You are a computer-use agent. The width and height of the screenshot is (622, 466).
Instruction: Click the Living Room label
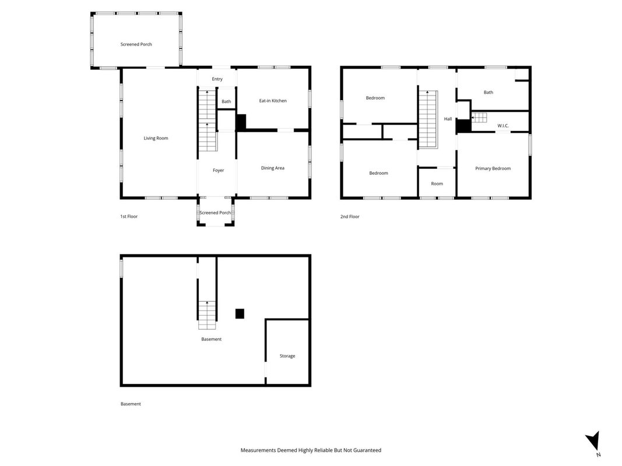[x=156, y=138]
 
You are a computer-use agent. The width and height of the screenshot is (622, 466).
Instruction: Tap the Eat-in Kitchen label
[x=273, y=101]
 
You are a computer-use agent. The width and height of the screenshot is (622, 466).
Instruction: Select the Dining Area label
[x=272, y=168]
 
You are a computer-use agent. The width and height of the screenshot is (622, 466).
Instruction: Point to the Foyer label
[x=218, y=171]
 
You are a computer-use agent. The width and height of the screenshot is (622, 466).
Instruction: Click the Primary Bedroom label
[x=493, y=168]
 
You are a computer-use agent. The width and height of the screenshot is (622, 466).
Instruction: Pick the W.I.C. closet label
[x=503, y=126]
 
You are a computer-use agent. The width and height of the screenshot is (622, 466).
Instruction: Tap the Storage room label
[x=287, y=356]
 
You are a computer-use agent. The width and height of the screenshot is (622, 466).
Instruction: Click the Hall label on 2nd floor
[x=448, y=119]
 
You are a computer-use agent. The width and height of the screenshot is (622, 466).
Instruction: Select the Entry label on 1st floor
[x=217, y=79]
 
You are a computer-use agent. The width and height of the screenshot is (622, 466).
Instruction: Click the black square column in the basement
[x=240, y=313]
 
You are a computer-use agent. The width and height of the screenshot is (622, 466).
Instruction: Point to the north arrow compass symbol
[x=593, y=440]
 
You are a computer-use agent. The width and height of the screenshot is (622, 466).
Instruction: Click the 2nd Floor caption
[x=350, y=217]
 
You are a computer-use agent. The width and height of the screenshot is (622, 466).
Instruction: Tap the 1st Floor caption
[x=129, y=216]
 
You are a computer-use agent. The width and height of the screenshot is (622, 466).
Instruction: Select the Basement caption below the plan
[x=131, y=404]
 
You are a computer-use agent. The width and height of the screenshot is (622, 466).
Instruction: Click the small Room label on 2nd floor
[x=437, y=184]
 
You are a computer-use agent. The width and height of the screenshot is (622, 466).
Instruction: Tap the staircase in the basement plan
[x=207, y=315]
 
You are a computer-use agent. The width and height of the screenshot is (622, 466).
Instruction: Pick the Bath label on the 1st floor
[x=226, y=101]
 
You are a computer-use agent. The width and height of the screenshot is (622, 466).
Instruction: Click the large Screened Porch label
[x=136, y=44]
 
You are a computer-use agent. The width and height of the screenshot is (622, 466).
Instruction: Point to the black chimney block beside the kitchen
[x=241, y=122]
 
